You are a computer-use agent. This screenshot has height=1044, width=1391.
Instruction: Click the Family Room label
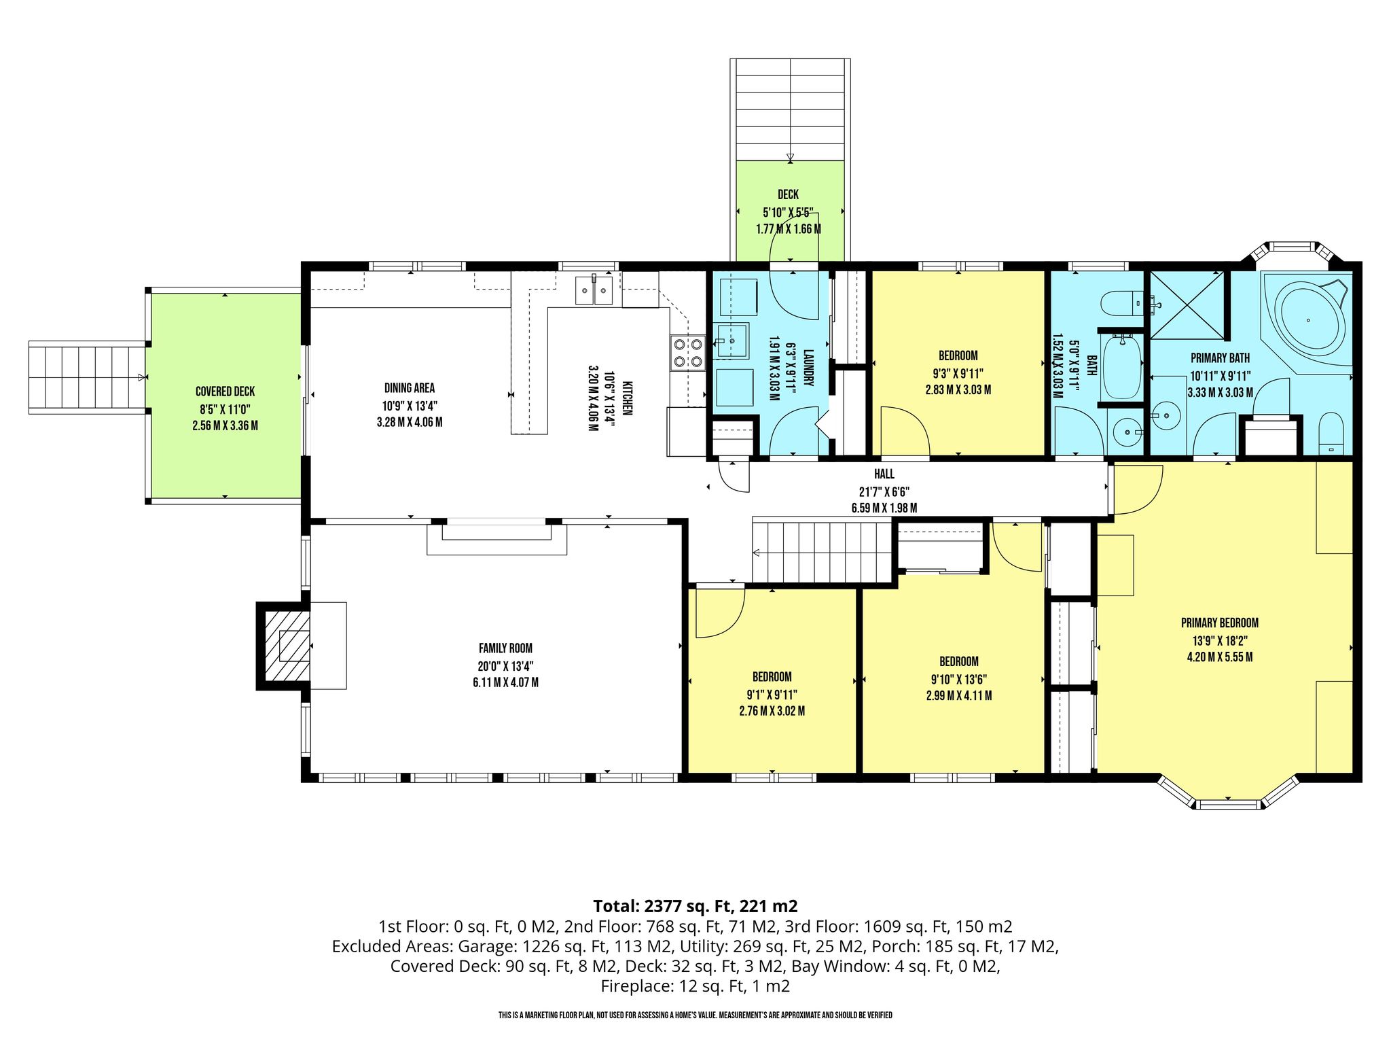tap(505, 648)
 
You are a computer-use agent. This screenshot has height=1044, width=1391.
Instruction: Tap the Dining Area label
tap(409, 388)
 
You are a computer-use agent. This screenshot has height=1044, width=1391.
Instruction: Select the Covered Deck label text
tap(225, 391)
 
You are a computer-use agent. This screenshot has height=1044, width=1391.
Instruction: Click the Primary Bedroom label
tap(1219, 623)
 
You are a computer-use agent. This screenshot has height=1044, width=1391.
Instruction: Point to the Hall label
tap(884, 474)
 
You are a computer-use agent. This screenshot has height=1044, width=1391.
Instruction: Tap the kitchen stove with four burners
tap(687, 353)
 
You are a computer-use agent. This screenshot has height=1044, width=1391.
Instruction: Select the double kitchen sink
tap(594, 290)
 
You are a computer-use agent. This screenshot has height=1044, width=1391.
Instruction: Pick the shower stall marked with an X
tap(1186, 305)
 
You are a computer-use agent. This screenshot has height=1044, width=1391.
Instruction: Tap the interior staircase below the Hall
tap(821, 551)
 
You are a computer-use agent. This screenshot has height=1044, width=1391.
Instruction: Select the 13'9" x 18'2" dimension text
tap(1220, 640)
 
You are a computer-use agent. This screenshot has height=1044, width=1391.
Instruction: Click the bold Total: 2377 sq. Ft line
tap(695, 906)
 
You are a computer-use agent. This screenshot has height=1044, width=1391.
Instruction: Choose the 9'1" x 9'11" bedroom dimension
tap(772, 695)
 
